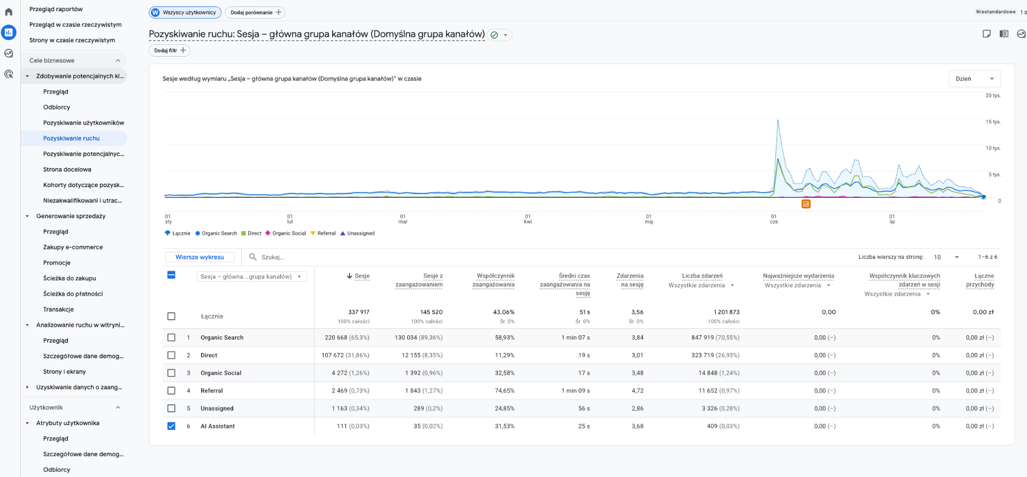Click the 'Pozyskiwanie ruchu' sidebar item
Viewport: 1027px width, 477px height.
tap(72, 138)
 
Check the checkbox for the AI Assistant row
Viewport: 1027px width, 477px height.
tap(171, 426)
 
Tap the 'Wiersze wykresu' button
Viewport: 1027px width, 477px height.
tap(200, 257)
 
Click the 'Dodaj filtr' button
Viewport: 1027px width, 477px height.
tap(169, 50)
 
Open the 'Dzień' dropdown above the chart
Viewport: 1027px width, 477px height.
tap(975, 79)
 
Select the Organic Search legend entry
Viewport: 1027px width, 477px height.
tap(216, 233)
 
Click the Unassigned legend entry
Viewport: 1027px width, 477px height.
tap(357, 233)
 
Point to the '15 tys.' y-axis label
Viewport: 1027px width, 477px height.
tap(993, 122)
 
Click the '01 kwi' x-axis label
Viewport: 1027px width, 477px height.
tap(528, 219)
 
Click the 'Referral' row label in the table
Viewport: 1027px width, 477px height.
tap(212, 391)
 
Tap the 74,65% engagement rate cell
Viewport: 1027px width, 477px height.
tap(504, 391)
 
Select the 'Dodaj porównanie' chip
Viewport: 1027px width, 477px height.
tap(255, 12)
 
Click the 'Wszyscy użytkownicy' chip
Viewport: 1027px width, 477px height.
tap(185, 12)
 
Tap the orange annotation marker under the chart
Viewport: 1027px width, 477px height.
tap(806, 204)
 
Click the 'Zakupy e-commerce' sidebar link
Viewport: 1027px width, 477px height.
tap(73, 247)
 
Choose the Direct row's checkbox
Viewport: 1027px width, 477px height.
tap(171, 355)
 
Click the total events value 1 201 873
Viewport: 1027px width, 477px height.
tap(726, 312)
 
